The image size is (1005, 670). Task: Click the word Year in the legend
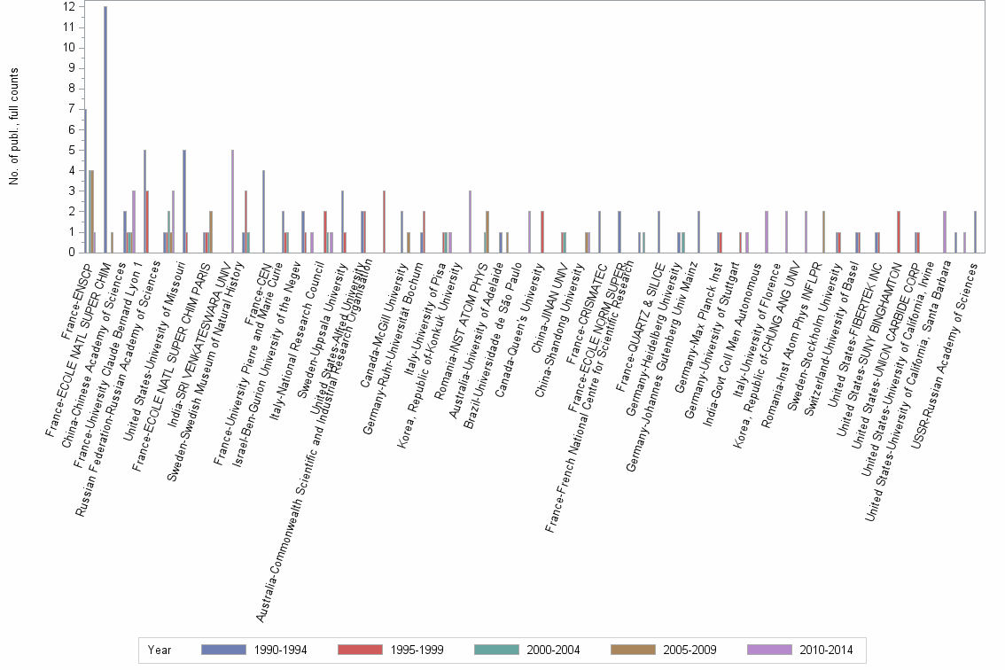coord(160,651)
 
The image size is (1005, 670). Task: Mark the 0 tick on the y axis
coord(71,253)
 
